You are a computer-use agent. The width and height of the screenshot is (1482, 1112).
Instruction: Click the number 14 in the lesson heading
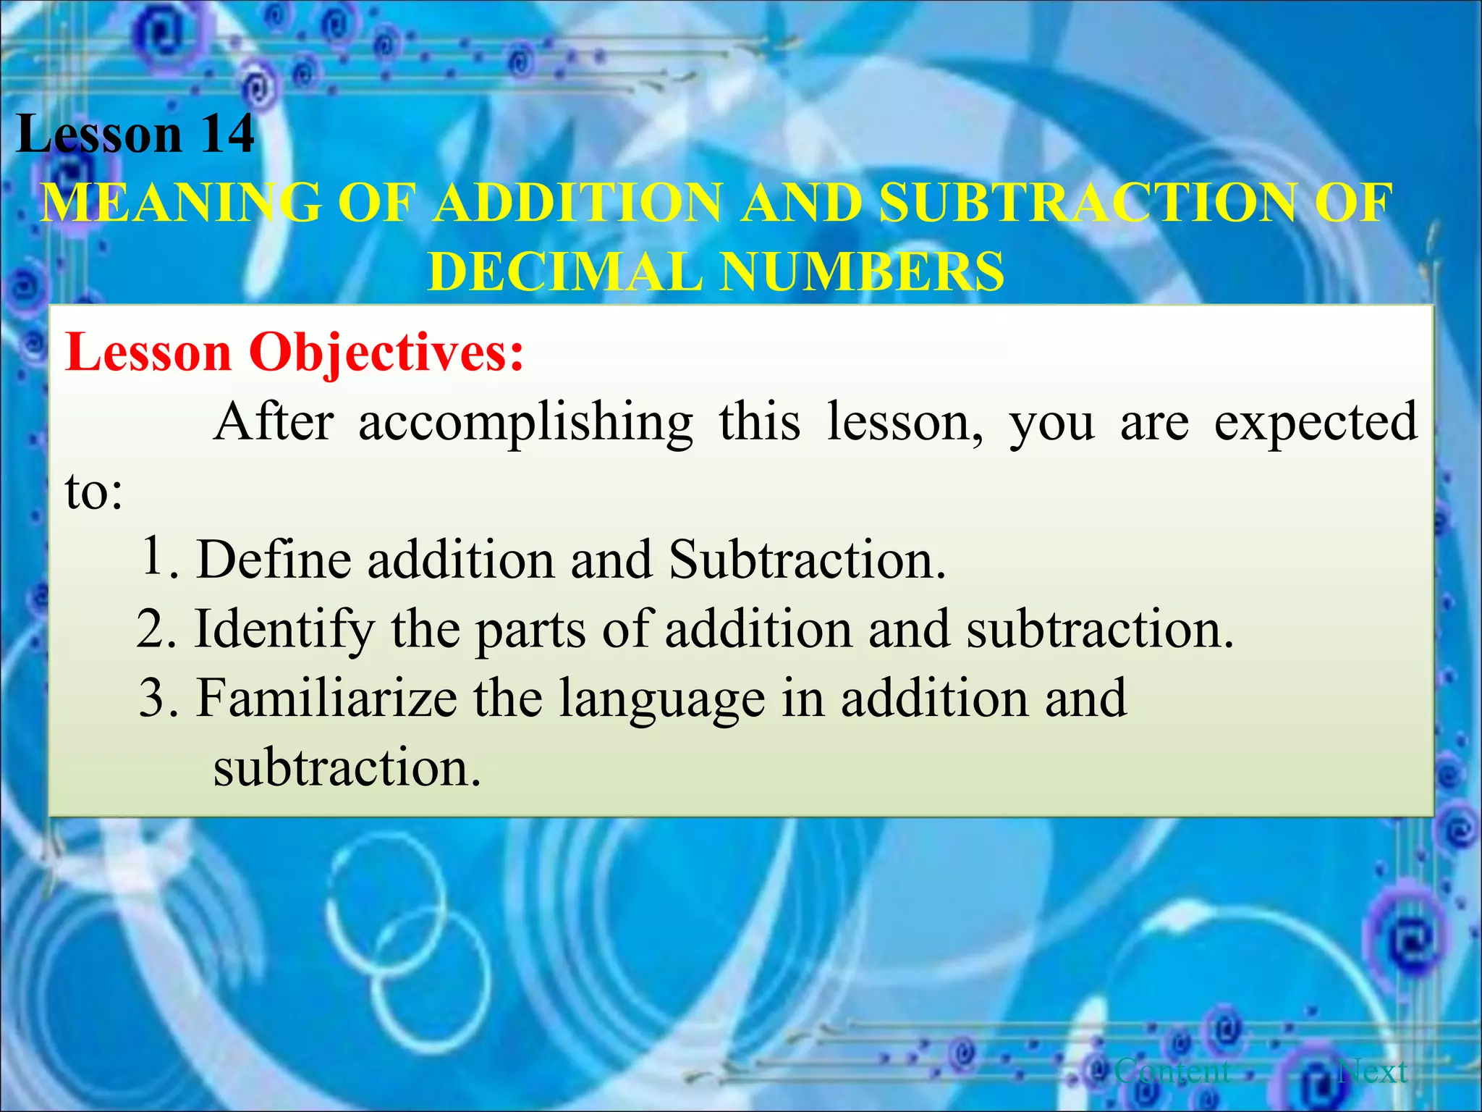pyautogui.click(x=226, y=135)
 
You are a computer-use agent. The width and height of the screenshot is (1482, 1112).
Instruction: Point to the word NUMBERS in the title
pyautogui.click(x=861, y=272)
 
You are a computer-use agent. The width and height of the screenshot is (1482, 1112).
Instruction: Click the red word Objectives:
pyautogui.click(x=386, y=353)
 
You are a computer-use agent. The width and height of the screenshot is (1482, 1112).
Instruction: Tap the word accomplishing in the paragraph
pyautogui.click(x=525, y=423)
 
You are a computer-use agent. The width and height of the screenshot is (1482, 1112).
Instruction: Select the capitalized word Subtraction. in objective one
pyautogui.click(x=807, y=560)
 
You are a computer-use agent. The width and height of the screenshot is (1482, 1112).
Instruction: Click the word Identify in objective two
pyautogui.click(x=284, y=630)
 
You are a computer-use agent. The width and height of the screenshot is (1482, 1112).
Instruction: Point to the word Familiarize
pyautogui.click(x=326, y=698)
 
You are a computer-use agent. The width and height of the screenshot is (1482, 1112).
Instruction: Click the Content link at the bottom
pyautogui.click(x=1172, y=1070)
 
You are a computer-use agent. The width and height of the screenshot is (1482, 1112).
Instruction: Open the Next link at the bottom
pyautogui.click(x=1373, y=1070)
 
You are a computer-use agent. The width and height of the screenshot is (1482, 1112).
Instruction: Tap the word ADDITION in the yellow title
pyautogui.click(x=579, y=203)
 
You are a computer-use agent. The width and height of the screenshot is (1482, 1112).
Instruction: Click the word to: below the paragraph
pyautogui.click(x=94, y=492)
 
